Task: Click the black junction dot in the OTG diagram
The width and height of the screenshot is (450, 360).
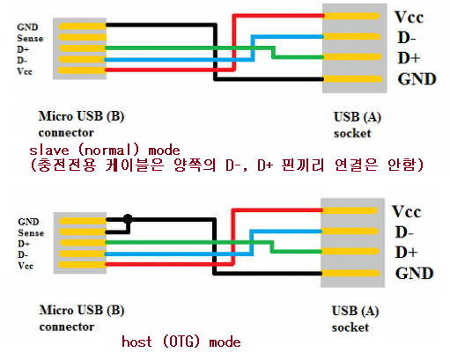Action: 128,218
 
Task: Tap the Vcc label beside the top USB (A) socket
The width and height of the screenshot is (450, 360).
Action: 409,17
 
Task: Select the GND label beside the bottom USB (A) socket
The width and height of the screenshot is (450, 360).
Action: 414,274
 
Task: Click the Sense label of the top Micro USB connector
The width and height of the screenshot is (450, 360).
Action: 30,38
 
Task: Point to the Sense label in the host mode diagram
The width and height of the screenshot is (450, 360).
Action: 31,233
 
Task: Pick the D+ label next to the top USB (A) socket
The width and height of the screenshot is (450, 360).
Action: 409,58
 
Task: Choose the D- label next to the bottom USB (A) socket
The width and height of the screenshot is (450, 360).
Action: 404,232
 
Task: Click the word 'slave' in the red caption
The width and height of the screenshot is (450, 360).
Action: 49,151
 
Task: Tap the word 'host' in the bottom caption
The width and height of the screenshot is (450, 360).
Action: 136,342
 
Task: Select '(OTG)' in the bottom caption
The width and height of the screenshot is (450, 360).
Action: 181,342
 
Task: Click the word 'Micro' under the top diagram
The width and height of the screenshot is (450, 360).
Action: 55,116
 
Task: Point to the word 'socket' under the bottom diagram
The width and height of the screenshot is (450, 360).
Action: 350,327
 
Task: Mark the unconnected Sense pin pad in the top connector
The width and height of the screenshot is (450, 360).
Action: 82,37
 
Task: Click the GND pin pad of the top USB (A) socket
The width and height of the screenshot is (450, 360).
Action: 352,79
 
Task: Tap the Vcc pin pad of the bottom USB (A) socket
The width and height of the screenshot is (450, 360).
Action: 350,210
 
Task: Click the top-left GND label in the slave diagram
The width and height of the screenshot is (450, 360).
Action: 27,27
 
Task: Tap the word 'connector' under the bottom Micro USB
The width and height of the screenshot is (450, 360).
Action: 67,327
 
